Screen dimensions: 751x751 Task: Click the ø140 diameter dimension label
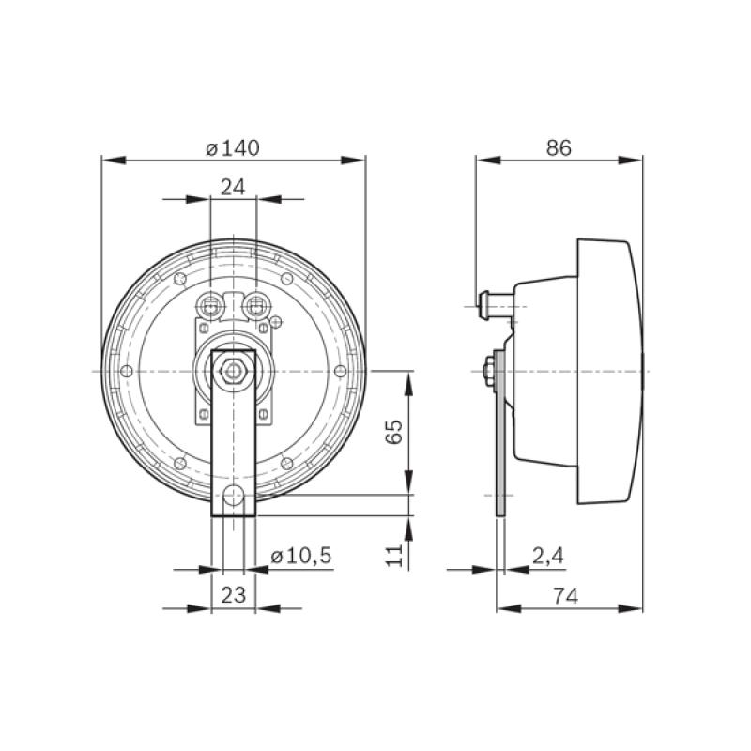232,147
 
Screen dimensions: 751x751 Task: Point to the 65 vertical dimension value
394,432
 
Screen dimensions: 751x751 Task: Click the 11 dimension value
394,554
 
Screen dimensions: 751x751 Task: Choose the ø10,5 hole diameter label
300,556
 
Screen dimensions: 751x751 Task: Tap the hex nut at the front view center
233,372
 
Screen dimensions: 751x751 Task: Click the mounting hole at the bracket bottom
233,495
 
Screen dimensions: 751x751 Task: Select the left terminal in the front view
211,304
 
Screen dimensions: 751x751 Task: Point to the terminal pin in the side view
486,304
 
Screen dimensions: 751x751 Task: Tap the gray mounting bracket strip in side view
500,441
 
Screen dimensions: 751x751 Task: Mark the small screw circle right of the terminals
275,322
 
